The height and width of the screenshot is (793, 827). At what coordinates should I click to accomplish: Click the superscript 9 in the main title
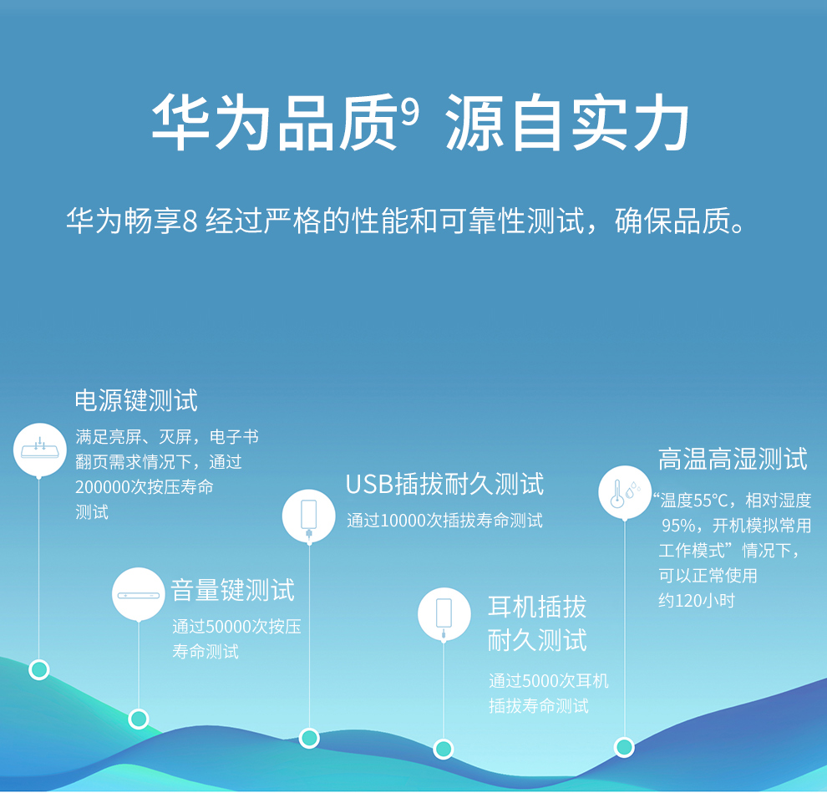[x=410, y=111]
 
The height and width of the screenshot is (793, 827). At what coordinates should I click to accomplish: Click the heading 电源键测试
[x=136, y=400]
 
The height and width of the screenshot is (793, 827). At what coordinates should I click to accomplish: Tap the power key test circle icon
[x=39, y=450]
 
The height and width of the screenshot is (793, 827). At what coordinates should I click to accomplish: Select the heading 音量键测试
[x=232, y=590]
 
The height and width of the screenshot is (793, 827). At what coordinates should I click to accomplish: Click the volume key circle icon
[x=139, y=594]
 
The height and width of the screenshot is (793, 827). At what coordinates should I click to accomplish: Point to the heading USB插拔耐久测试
[x=444, y=484]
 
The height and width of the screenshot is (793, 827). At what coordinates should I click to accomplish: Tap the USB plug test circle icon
[x=309, y=516]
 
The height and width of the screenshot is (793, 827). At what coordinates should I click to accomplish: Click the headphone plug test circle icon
[x=444, y=614]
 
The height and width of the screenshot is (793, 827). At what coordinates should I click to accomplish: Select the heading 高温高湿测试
[x=733, y=459]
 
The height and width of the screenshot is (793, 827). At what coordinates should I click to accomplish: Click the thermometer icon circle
[x=625, y=492]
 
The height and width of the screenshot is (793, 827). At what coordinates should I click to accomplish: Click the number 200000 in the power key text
[x=102, y=487]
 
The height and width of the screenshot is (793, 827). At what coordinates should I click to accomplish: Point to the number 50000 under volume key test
[x=228, y=627]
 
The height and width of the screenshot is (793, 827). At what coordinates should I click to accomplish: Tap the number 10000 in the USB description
[x=403, y=521]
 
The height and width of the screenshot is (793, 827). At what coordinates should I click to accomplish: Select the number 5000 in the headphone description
[x=540, y=681]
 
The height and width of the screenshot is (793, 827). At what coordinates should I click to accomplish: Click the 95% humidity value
[x=678, y=526]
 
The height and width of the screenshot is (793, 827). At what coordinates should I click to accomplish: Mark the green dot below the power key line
[x=39, y=669]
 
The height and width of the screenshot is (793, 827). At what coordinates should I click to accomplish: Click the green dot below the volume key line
[x=139, y=719]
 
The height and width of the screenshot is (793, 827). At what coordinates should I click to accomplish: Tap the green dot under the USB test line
[x=309, y=738]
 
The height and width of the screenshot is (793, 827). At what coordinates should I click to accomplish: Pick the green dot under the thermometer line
[x=625, y=747]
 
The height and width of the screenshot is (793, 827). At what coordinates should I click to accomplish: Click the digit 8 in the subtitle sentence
[x=190, y=221]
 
